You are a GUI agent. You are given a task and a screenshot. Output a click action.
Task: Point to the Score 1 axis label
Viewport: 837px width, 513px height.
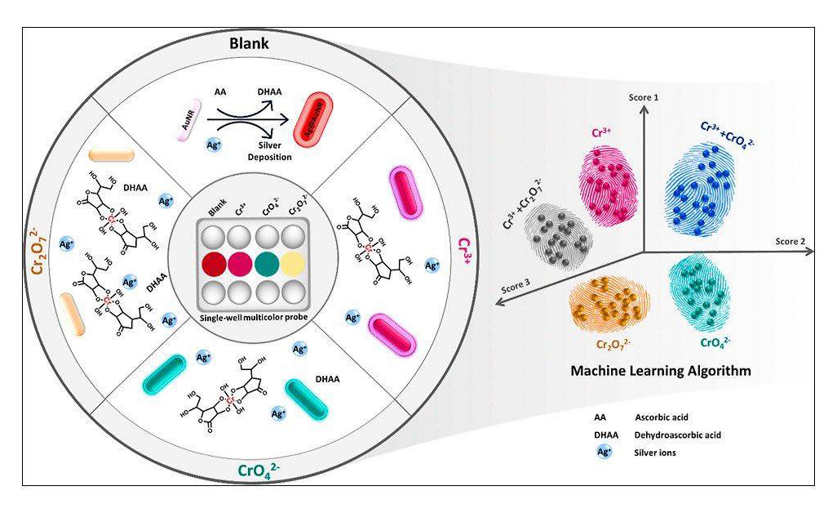pos(644,97)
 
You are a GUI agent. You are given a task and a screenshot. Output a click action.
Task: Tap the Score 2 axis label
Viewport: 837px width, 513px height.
pos(790,241)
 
